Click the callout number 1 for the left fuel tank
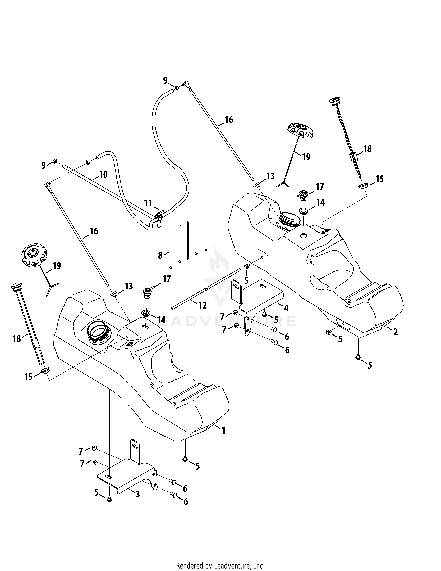(x=223, y=430)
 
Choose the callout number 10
(x=103, y=174)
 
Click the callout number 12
(x=203, y=305)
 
